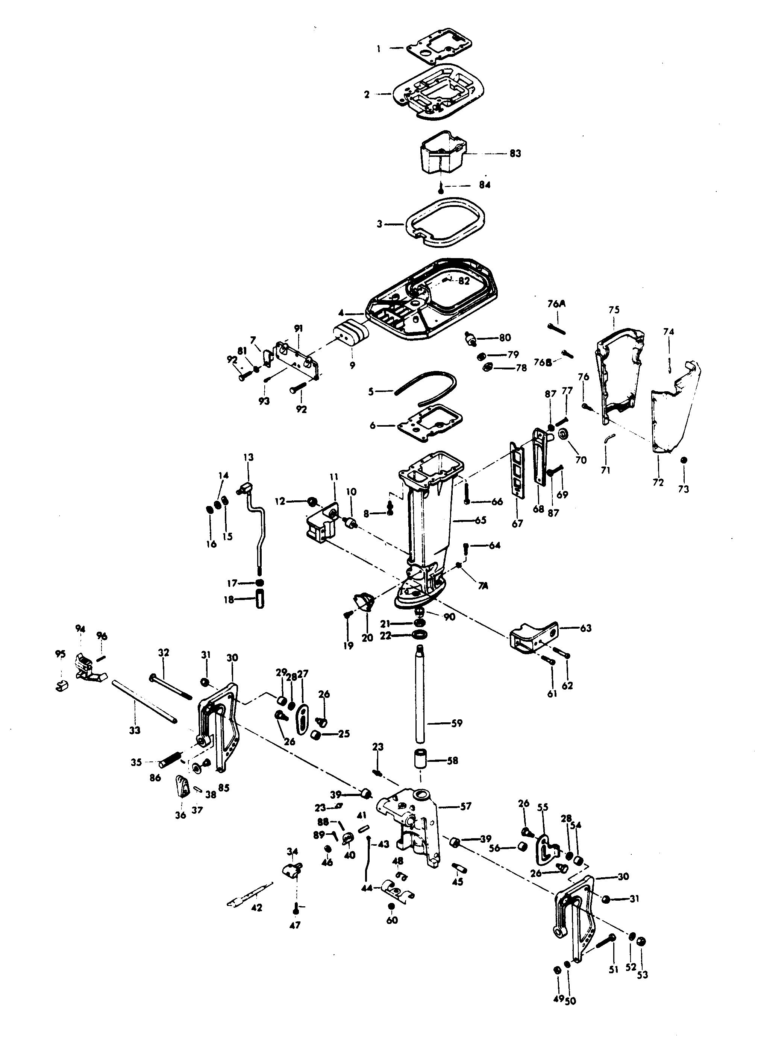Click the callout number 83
(x=515, y=153)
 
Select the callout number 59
(x=456, y=723)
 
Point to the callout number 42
(x=256, y=907)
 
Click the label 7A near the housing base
(x=482, y=586)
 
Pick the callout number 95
(x=60, y=654)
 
